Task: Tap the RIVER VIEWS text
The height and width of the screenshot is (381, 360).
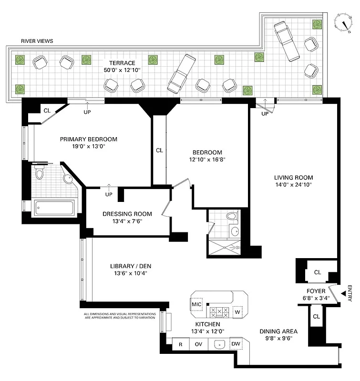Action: (x=37, y=41)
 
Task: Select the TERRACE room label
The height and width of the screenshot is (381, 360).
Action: (x=122, y=63)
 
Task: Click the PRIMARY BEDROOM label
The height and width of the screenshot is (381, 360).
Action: (x=88, y=139)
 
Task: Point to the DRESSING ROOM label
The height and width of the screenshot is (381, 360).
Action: (x=127, y=214)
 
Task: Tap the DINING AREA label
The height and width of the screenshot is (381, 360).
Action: (x=278, y=331)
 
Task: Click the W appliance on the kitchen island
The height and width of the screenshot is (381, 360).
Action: (x=237, y=312)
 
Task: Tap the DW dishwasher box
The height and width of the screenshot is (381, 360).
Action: (x=236, y=343)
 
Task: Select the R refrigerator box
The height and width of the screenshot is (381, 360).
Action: (x=181, y=344)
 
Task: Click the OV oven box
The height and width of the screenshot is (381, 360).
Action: (x=198, y=344)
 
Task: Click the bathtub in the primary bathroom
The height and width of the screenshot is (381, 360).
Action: (x=54, y=207)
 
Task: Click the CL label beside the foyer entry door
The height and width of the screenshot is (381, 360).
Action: (x=318, y=272)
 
